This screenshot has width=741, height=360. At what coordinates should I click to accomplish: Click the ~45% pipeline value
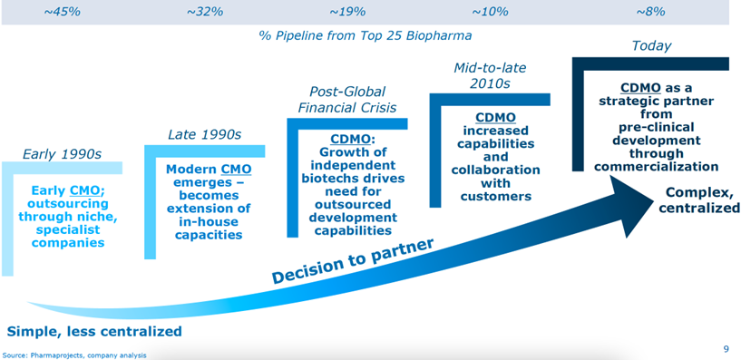(x=63, y=12)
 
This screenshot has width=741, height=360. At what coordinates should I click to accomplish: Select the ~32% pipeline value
(x=205, y=12)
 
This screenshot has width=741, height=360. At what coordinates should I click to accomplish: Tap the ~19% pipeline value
(x=347, y=12)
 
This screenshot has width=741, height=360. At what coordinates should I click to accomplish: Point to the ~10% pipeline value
(x=490, y=12)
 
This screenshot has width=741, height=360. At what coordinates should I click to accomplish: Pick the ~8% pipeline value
(x=650, y=12)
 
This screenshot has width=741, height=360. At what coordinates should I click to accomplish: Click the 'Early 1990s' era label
(x=63, y=154)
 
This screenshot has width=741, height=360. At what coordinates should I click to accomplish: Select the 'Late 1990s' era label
(x=205, y=134)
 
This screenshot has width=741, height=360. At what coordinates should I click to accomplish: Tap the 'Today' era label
(x=651, y=46)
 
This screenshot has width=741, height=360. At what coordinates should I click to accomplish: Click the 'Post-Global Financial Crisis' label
(x=347, y=99)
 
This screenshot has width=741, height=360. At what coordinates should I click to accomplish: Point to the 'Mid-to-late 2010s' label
(x=490, y=75)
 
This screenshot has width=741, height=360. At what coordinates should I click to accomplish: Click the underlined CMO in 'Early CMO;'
(x=85, y=190)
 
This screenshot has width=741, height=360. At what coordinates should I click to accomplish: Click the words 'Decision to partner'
(x=353, y=261)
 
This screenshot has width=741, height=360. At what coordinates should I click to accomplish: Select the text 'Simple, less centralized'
(x=94, y=331)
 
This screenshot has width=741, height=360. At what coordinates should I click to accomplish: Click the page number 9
(x=726, y=350)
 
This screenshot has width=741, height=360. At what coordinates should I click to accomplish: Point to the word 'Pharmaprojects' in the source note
(x=42, y=355)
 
